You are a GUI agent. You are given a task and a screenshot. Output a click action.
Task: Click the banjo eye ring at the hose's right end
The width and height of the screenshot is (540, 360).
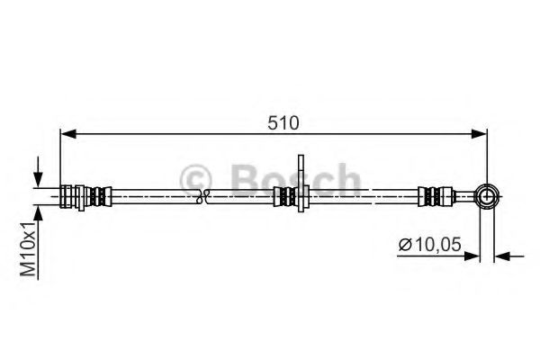point(487,195)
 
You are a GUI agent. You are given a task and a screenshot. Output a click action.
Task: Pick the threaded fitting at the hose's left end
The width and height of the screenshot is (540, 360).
point(67,195)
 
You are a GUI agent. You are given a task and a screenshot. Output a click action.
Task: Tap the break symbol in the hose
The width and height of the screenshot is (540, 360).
point(205,195)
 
